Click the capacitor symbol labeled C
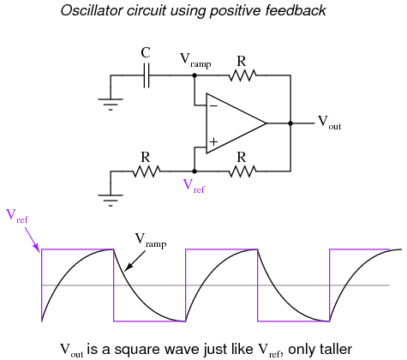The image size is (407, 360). coord(146,75)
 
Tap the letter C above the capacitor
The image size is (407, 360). coord(146,53)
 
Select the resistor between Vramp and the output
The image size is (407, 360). coord(242,75)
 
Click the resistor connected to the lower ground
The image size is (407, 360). coord(147,171)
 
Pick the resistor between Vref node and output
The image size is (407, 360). coord(242,171)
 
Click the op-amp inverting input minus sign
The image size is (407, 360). coord(213,106)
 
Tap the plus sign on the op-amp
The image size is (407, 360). coord(213,141)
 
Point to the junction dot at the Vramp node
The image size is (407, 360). coord(195,75)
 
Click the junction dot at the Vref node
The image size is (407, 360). coord(195,171)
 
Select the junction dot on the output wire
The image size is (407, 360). coord(290,123)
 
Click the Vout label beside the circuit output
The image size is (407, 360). coord(330,123)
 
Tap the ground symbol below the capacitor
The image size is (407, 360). coord(111,105)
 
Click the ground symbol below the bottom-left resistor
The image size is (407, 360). coord(111,201)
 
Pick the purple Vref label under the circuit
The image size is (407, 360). coord(194,186)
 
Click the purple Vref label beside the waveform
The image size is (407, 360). coord(17,216)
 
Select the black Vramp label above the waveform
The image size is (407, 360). coord(151,240)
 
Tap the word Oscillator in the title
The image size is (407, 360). coord(92,10)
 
